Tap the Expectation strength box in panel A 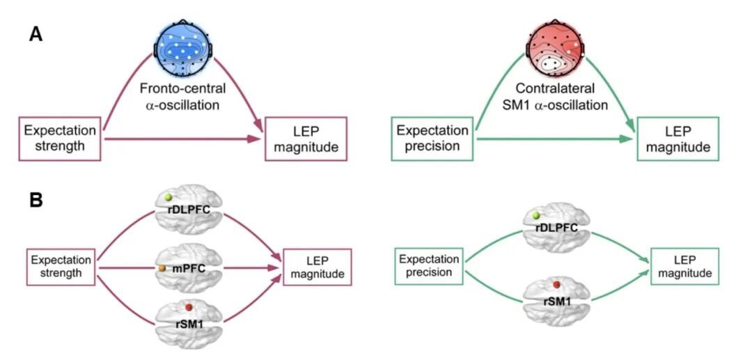(60, 137)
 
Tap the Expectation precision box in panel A (433, 138)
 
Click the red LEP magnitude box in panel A (305, 137)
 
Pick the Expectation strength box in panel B (62, 266)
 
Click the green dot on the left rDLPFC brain (169, 198)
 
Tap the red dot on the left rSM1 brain (188, 307)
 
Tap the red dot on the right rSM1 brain (556, 285)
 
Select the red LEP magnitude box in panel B (317, 267)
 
